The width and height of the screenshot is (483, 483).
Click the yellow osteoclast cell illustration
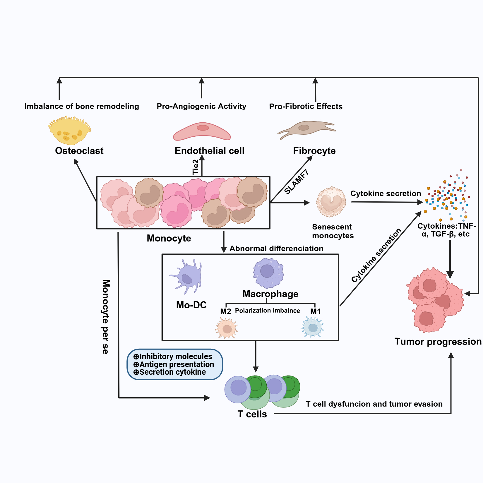tap(70, 131)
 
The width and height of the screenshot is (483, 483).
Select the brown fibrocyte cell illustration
tap(306, 129)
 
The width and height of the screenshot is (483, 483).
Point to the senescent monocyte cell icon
tap(331, 202)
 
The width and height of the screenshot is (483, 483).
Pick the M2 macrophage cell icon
tap(227, 328)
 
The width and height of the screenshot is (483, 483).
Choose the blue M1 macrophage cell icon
tap(313, 327)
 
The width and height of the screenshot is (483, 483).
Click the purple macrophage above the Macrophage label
tap(268, 273)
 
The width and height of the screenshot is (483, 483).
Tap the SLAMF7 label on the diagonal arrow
tap(297, 182)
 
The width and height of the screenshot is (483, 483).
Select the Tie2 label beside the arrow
tap(196, 167)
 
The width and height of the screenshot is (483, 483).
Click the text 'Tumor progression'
tap(438, 342)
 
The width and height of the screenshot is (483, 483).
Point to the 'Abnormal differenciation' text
tap(276, 249)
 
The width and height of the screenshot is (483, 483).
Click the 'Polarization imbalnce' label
tap(268, 311)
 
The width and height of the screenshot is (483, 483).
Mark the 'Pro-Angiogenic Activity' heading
tap(201, 106)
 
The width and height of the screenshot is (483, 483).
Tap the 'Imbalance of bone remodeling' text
tap(82, 106)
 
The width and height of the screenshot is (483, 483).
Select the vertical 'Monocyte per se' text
tap(106, 317)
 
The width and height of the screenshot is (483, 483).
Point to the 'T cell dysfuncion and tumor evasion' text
tap(374, 404)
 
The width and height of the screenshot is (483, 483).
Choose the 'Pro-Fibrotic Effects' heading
tap(306, 107)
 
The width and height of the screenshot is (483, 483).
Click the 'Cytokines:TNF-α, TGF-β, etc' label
tap(446, 230)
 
